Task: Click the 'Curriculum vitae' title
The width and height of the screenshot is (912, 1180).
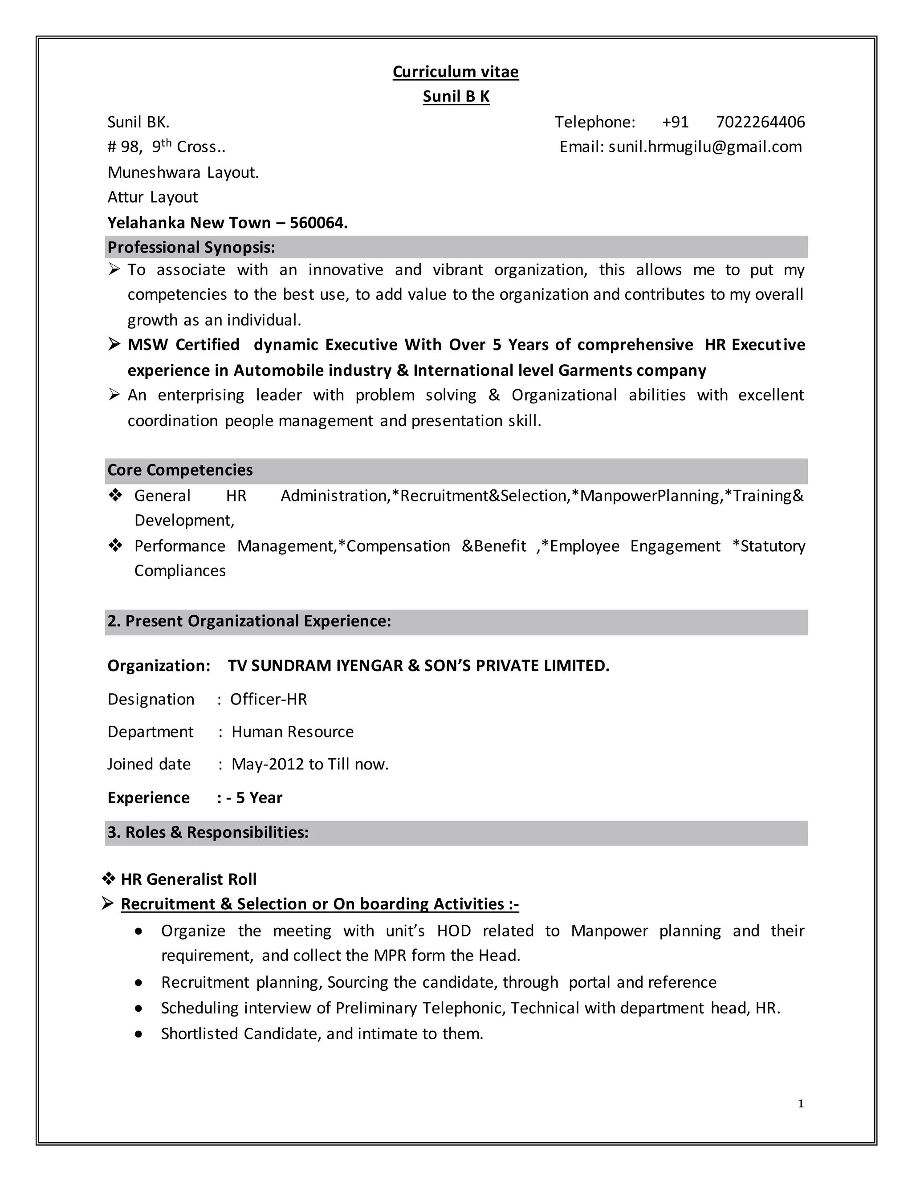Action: pyautogui.click(x=456, y=72)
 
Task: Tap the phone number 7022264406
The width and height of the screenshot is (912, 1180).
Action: pyautogui.click(x=760, y=122)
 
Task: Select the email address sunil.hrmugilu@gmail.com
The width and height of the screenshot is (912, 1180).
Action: pyautogui.click(x=704, y=147)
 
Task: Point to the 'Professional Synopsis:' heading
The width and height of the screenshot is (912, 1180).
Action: pyautogui.click(x=191, y=248)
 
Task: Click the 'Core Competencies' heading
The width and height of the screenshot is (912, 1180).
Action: pyautogui.click(x=180, y=470)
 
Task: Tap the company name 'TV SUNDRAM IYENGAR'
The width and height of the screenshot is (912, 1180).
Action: pyautogui.click(x=315, y=666)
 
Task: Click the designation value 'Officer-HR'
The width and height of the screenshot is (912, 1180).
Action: pyautogui.click(x=269, y=699)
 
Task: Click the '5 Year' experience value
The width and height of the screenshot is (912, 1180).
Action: pyautogui.click(x=259, y=798)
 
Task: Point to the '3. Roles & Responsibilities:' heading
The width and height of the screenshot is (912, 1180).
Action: pyautogui.click(x=208, y=832)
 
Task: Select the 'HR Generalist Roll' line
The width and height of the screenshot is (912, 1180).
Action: pyautogui.click(x=188, y=879)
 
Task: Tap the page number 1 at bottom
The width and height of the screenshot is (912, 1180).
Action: pyautogui.click(x=801, y=1103)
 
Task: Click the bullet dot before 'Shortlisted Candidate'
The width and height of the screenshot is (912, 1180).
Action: pyautogui.click(x=139, y=1034)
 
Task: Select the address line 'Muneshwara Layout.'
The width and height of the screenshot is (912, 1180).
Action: pyautogui.click(x=183, y=172)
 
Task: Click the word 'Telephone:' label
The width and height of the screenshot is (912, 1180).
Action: pyautogui.click(x=595, y=122)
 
